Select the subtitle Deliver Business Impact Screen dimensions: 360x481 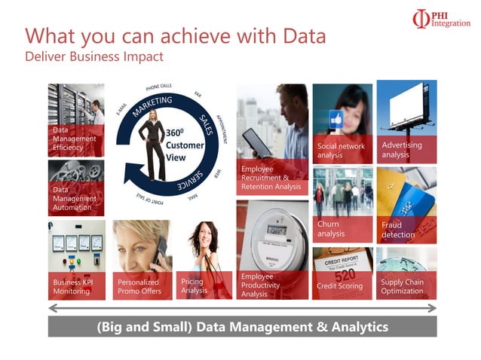pos(93,56)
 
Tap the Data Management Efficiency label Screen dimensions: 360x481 pos(74,139)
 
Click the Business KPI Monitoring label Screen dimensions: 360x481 pos(72,287)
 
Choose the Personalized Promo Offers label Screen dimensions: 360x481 pos(139,287)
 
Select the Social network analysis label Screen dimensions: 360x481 pos(341,151)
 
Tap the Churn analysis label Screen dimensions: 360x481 pos(331,229)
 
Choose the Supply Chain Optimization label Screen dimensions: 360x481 pos(402,287)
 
